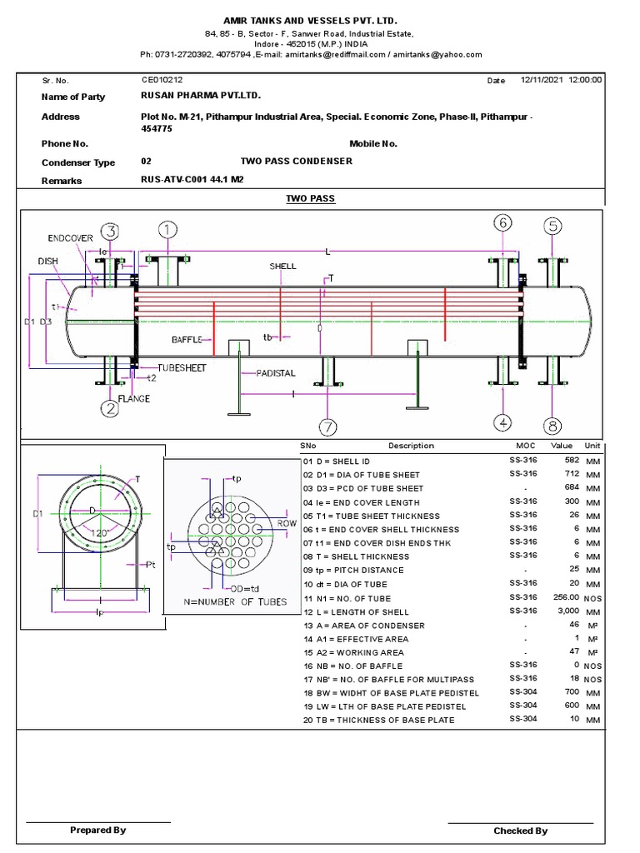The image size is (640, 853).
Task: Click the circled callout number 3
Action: [110, 232]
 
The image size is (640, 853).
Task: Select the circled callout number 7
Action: [328, 427]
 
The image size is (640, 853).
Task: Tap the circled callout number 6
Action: [503, 223]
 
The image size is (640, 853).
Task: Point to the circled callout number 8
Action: [552, 426]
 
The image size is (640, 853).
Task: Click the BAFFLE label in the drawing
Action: [187, 340]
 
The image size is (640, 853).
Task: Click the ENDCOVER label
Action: [71, 238]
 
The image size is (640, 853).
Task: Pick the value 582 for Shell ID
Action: [571, 460]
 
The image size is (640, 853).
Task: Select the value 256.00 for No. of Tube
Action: [565, 598]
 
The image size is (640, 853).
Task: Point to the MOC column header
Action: [525, 446]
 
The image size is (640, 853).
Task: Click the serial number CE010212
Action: [161, 81]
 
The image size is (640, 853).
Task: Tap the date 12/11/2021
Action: [542, 80]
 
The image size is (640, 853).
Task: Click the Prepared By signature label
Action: [98, 830]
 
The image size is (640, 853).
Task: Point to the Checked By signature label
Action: [520, 831]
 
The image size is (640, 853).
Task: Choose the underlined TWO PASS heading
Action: [310, 199]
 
